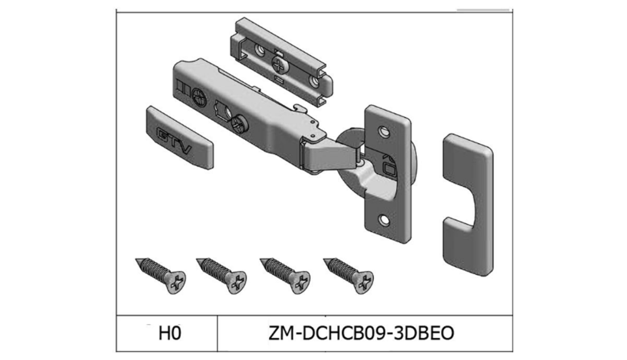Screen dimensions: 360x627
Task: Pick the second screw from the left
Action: click(x=222, y=274)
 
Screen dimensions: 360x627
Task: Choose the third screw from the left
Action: click(x=285, y=274)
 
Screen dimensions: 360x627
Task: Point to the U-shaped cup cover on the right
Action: click(x=468, y=203)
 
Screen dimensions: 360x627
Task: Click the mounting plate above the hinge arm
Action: click(x=282, y=60)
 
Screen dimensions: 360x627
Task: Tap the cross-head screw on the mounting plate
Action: click(x=280, y=62)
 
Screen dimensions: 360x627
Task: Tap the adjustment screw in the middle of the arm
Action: click(x=238, y=124)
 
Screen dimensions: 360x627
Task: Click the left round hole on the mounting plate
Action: click(x=259, y=49)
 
